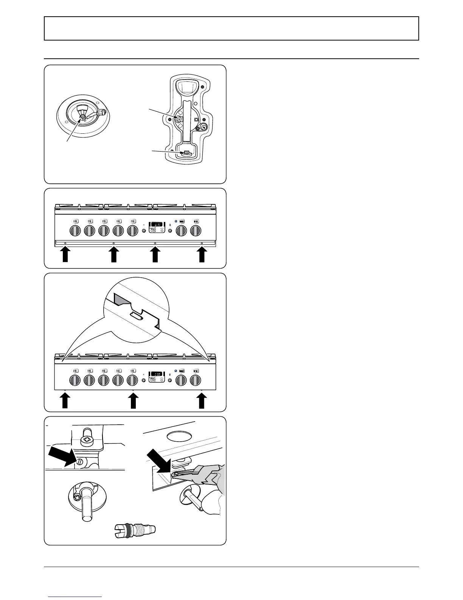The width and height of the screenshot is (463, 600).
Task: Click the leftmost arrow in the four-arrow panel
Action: [65, 254]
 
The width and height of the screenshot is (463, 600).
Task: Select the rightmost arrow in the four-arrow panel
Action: [202, 254]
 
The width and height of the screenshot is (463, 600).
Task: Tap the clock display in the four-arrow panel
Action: [156, 225]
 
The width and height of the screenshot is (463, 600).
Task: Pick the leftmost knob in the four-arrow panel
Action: [75, 230]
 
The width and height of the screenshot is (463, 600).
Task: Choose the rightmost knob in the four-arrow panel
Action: [196, 230]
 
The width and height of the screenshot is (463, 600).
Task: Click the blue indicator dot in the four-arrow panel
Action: [176, 221]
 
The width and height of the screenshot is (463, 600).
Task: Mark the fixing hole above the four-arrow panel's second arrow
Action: [114, 243]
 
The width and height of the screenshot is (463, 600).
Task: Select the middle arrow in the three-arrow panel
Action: [133, 401]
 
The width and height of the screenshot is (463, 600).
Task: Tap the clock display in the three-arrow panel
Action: [156, 374]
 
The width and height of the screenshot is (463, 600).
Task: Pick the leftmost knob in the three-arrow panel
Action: [75, 380]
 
